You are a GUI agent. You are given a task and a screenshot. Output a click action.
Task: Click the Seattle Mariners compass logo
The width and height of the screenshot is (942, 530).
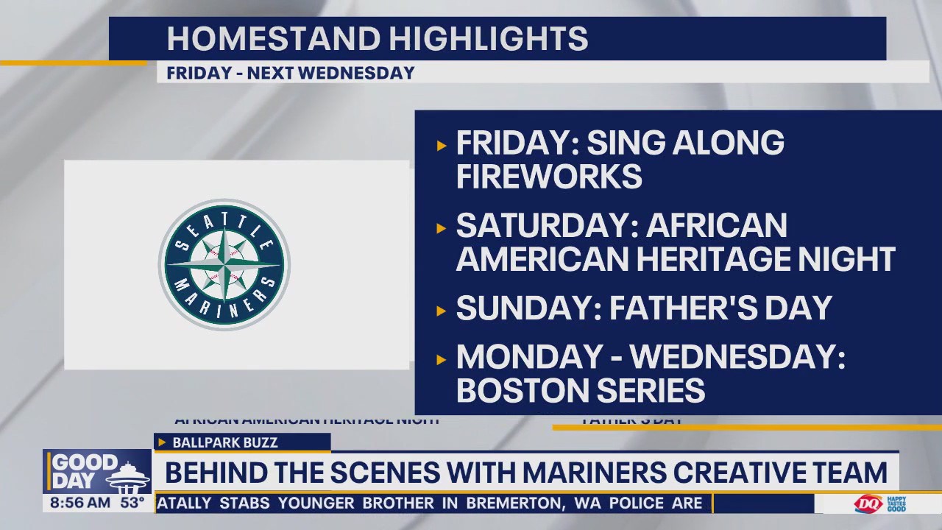(224, 264)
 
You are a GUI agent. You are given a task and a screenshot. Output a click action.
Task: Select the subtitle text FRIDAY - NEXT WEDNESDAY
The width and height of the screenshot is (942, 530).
(291, 73)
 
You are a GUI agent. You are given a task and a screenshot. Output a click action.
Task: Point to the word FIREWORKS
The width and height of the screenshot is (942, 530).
(549, 177)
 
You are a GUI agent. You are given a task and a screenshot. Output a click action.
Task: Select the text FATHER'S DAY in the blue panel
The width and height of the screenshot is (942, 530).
(720, 308)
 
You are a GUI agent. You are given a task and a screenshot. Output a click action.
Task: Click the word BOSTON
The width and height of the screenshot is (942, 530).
(518, 390)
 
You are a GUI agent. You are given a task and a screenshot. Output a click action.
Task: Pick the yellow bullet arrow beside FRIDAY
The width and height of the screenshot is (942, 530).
(442, 145)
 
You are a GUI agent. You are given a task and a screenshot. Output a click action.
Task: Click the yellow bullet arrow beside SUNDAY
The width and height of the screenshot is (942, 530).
(442, 311)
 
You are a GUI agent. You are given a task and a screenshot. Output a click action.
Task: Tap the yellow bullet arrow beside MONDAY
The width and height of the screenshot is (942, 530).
(442, 359)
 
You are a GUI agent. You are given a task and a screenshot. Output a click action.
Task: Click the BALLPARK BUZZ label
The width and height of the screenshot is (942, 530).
(224, 442)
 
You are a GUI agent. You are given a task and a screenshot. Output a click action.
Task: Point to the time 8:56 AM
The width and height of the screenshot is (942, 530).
(80, 504)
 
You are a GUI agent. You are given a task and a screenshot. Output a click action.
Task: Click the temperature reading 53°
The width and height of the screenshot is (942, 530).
(132, 504)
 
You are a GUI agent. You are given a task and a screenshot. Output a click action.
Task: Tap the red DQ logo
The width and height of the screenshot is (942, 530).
(868, 504)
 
